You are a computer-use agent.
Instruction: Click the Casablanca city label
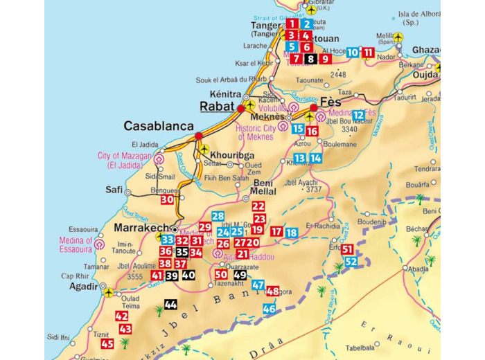pyautogui.click(x=158, y=126)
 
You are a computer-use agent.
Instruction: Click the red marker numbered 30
pyautogui.click(x=167, y=199)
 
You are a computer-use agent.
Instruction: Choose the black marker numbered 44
pyautogui.click(x=170, y=305)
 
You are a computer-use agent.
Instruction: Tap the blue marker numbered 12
pyautogui.click(x=358, y=115)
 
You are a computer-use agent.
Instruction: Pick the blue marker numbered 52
pyautogui.click(x=351, y=262)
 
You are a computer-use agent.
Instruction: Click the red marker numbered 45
pyautogui.click(x=107, y=343)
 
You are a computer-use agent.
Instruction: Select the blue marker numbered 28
pyautogui.click(x=218, y=217)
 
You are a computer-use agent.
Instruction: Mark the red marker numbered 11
pyautogui.click(x=369, y=53)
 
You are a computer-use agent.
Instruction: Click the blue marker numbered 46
pyautogui.click(x=269, y=309)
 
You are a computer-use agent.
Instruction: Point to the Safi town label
pyautogui.click(x=114, y=189)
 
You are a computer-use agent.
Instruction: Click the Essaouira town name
pyautogui.click(x=84, y=229)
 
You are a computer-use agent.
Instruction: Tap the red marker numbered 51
pyautogui.click(x=347, y=249)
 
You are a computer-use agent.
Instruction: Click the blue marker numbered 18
pyautogui.click(x=292, y=233)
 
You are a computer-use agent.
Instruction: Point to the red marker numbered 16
pyautogui.click(x=312, y=131)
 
